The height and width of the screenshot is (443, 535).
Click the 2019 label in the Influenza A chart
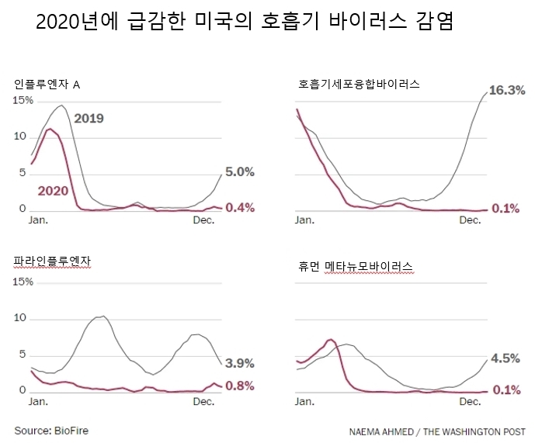(x=89, y=119)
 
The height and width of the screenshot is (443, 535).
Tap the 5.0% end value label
(x=239, y=172)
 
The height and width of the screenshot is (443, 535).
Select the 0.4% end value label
(x=239, y=207)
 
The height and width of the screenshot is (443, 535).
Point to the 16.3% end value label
(x=505, y=90)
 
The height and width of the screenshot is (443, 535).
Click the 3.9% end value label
(x=239, y=363)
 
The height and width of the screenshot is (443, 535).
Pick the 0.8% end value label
(x=239, y=386)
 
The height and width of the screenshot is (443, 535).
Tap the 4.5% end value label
(x=505, y=358)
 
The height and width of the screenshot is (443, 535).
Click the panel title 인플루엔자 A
(x=47, y=84)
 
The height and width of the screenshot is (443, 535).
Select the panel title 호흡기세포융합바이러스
(x=359, y=84)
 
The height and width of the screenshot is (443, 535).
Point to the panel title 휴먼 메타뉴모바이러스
(x=354, y=267)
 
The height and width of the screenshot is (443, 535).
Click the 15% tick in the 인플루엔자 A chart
(x=23, y=101)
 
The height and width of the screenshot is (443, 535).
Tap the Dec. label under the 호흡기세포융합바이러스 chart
(x=471, y=220)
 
